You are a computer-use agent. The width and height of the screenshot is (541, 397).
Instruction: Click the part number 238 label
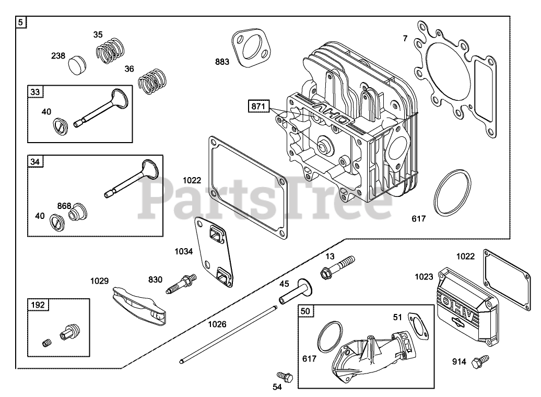coord(58,56)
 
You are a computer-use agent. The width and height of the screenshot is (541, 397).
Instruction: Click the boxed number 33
coord(36,92)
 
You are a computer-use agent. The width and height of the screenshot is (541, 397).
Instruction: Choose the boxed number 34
coord(35,161)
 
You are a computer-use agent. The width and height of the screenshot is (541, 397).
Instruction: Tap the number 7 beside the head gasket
coord(405,38)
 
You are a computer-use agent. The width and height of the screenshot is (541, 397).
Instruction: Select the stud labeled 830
coord(181,283)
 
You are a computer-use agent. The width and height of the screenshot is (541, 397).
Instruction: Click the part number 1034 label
coord(183,252)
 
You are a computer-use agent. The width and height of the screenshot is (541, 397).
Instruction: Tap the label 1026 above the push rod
coord(217,324)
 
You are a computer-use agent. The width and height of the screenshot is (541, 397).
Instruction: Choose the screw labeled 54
coord(284,375)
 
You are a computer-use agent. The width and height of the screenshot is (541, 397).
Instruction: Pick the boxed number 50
coord(305,311)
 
